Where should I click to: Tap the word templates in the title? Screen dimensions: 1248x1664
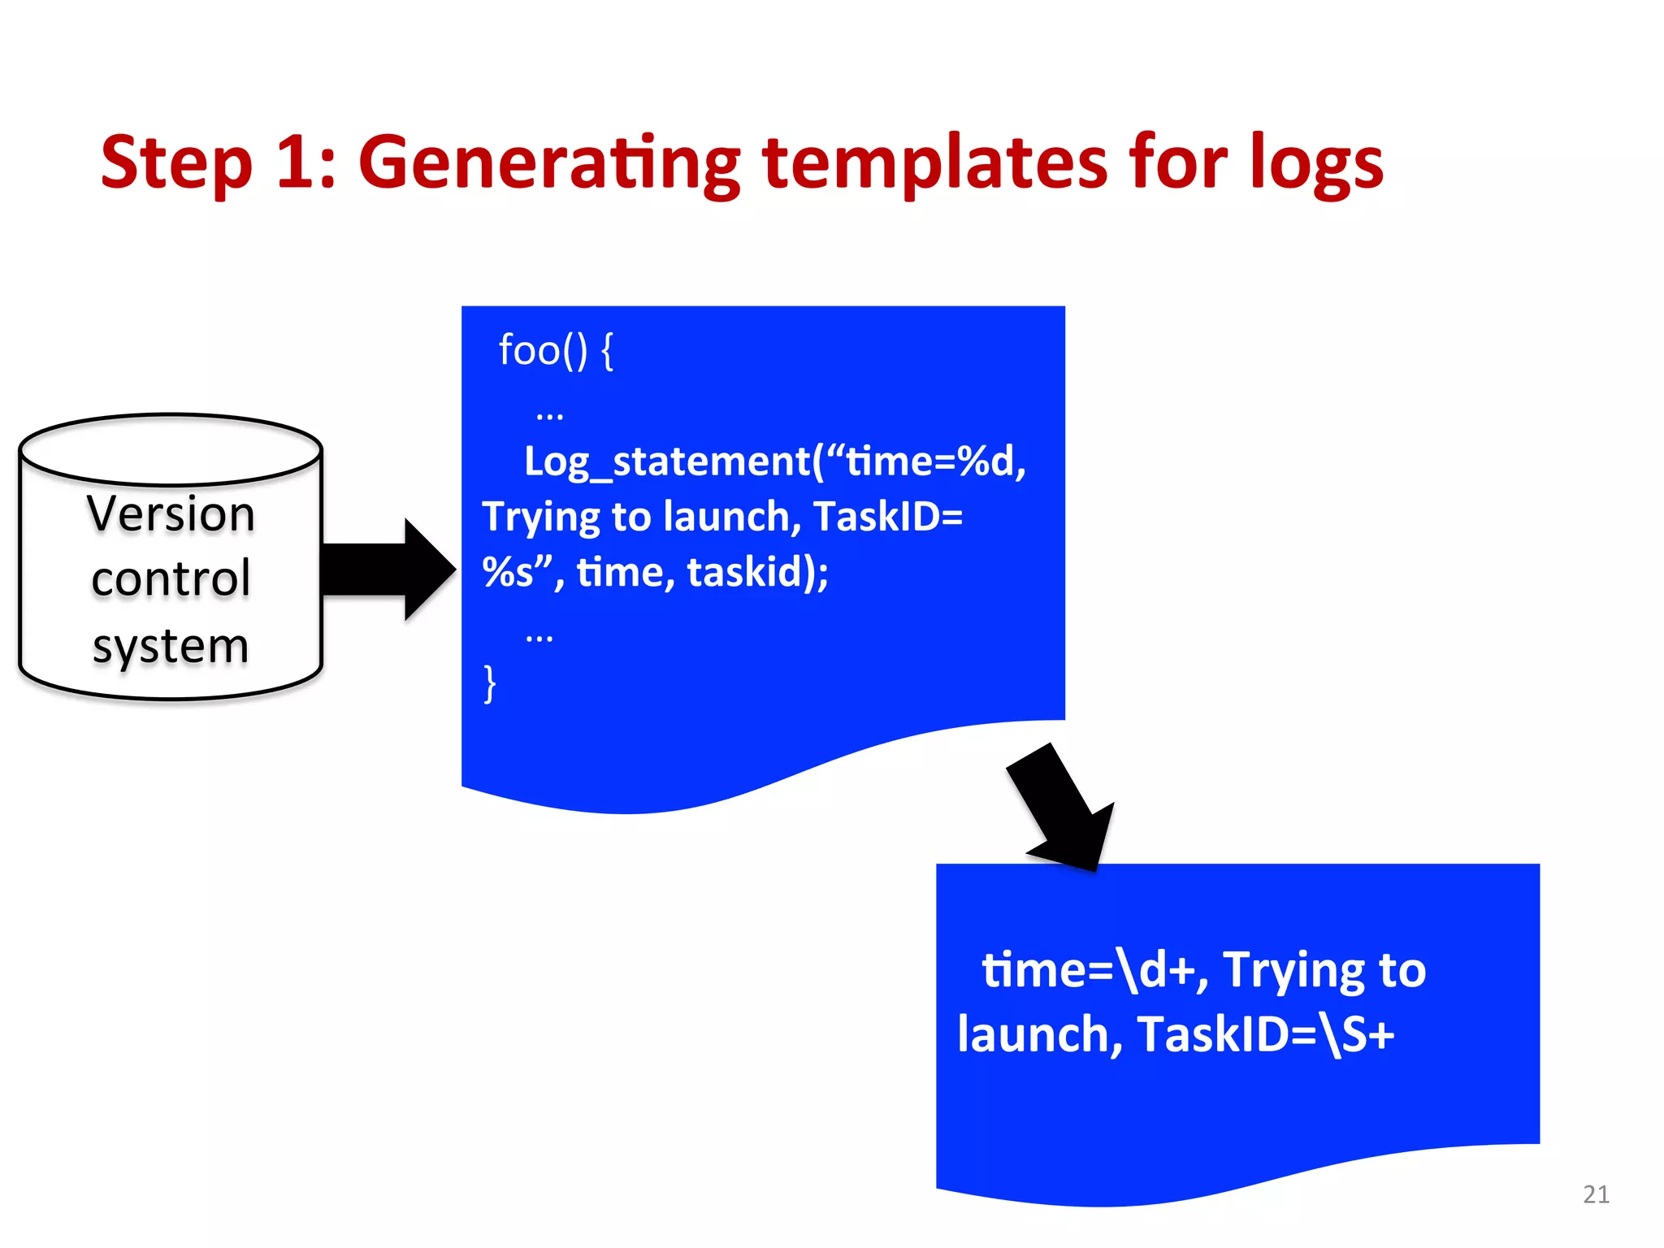click(934, 164)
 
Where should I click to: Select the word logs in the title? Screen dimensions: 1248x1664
click(1315, 164)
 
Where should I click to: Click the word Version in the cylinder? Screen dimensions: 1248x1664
click(171, 513)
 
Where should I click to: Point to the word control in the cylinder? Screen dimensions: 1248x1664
click(171, 578)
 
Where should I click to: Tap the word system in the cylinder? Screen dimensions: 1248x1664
click(171, 647)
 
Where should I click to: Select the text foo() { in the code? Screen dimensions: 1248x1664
click(556, 350)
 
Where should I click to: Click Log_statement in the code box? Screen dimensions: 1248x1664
click(666, 461)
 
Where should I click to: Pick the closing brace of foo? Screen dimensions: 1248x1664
click(489, 683)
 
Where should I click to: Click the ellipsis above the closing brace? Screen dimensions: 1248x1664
click(539, 637)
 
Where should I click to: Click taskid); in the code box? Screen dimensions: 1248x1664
click(757, 572)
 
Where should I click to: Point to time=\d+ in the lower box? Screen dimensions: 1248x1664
click(1088, 970)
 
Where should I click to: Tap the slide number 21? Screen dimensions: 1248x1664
click(1596, 1194)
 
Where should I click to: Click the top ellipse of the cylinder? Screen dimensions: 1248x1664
click(171, 448)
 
